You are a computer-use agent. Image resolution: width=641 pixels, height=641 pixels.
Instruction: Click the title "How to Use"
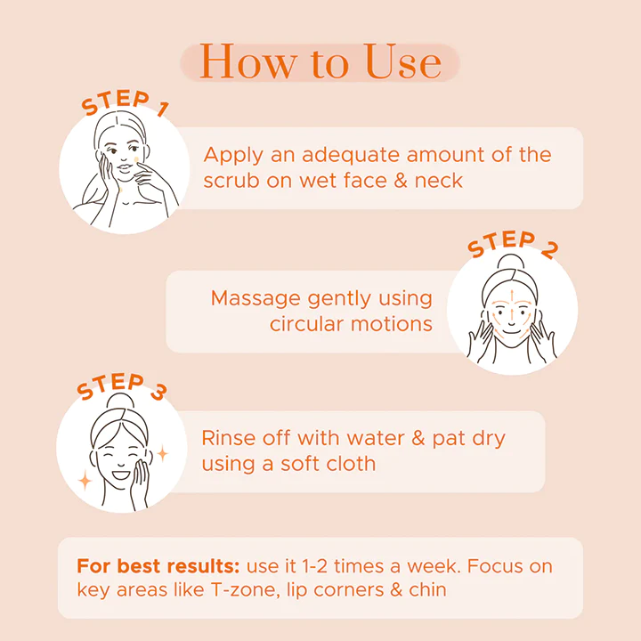coord(320,61)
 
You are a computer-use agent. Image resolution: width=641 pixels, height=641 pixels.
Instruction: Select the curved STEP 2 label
coord(513,245)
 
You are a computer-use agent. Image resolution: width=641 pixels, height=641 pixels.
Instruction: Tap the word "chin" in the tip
coord(426,590)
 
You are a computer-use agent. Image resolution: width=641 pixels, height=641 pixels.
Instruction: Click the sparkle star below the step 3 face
coord(85,481)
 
